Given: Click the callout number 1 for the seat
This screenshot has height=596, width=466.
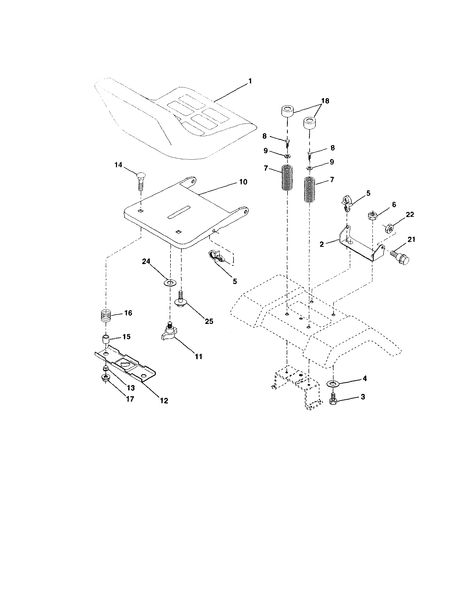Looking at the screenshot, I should [250, 81].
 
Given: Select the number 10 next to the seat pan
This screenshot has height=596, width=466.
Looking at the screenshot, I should [243, 182].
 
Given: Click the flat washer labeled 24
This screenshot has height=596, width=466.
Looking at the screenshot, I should [170, 282].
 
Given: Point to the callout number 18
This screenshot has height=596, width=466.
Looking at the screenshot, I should [325, 101].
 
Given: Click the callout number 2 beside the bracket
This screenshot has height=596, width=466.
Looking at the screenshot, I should [322, 244].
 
